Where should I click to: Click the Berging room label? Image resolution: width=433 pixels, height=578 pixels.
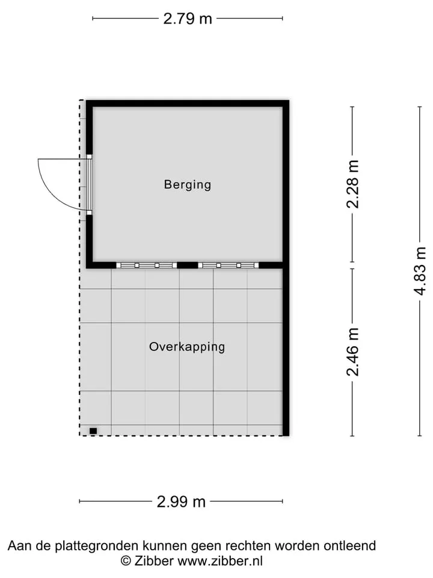pos(188,184)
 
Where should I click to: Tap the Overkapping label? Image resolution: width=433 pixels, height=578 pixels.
pos(187,347)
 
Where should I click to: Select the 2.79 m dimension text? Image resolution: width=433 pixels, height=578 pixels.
pos(188,19)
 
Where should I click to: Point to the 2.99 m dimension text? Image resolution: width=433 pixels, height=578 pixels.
pos(181,502)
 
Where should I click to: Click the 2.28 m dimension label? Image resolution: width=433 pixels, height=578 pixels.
pos(353,184)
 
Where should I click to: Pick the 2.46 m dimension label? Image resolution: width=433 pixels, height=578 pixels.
pos(353,352)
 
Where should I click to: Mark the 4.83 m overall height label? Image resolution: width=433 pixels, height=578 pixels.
pos(420,271)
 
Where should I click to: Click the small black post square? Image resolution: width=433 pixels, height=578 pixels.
pos(93,430)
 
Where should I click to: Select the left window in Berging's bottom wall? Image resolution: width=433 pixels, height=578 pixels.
pos(147,266)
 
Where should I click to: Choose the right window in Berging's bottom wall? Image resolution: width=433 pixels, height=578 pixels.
pos(229,266)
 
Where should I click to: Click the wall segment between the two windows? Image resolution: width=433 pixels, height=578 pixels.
pos(188,266)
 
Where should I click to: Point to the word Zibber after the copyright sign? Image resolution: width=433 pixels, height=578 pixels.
pos(154,561)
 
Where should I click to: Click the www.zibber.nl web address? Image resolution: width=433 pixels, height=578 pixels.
pos(220,561)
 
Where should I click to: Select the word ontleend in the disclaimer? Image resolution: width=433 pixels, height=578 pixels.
pos(350,545)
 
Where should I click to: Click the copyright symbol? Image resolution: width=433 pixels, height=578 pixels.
pos(126,561)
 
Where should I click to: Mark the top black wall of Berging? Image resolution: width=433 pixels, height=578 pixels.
pos(188,104)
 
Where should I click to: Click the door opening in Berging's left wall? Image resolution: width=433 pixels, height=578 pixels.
pos(89,185)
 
